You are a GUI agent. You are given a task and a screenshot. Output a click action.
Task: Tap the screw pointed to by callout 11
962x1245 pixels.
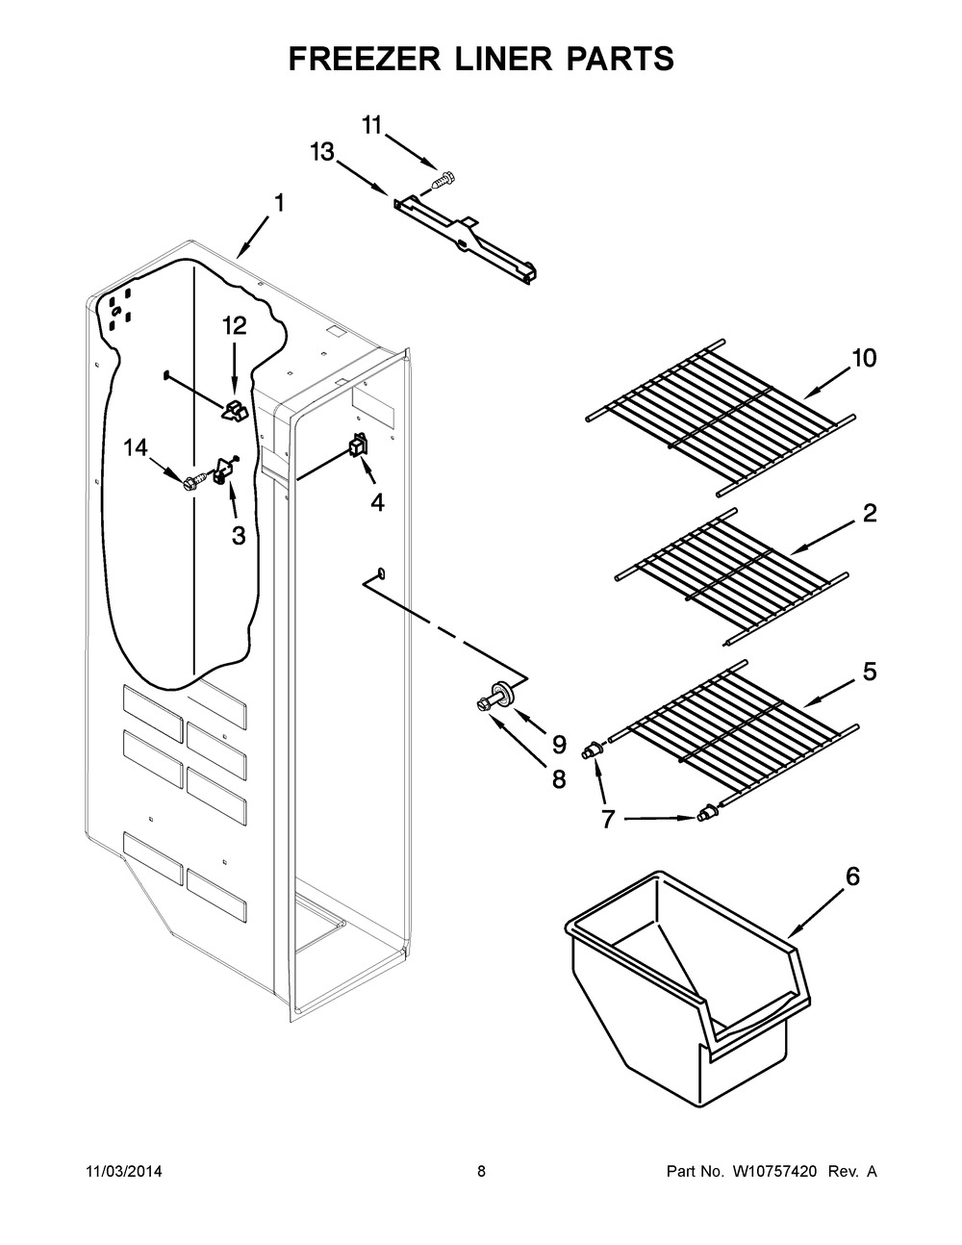[445, 178]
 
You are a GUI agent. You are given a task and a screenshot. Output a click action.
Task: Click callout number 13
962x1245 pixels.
[322, 151]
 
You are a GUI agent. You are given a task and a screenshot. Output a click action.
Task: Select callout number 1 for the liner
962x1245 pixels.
[278, 203]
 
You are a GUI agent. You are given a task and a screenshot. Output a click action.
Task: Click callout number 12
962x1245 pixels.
[234, 326]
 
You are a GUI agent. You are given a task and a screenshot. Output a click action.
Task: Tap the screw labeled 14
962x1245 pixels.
[193, 477]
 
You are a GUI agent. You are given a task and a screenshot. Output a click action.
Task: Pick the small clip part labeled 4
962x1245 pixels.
[357, 445]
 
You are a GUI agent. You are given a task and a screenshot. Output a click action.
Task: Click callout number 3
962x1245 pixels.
[238, 536]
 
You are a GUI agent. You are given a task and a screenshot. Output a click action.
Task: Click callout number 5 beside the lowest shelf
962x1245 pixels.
[869, 672]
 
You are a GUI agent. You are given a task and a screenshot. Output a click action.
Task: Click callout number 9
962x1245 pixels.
[559, 744]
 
